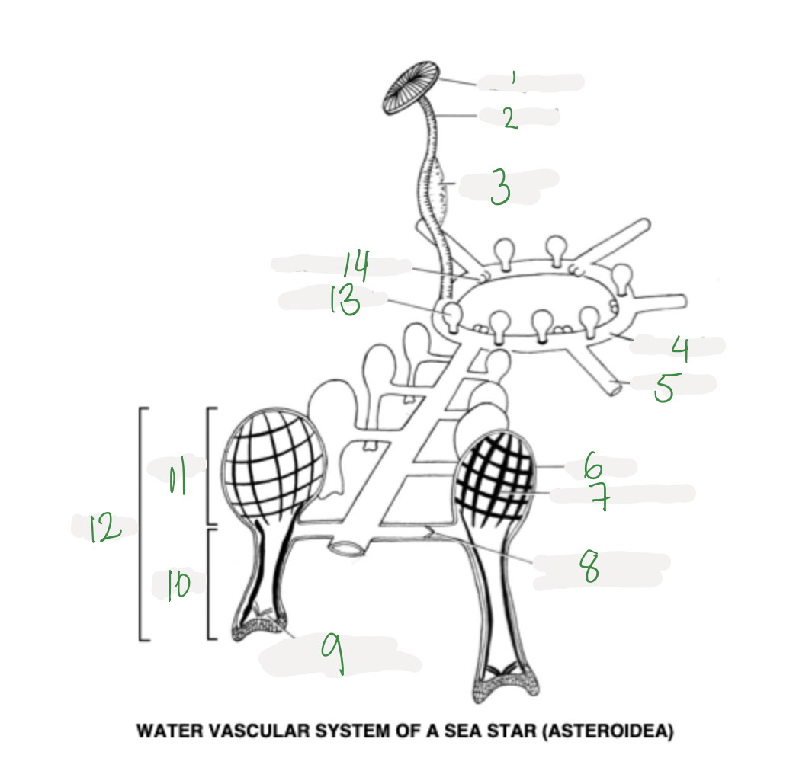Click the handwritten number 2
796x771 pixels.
tap(510, 118)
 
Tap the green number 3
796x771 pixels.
tap(500, 187)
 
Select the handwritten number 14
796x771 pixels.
tap(357, 265)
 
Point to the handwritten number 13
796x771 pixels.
tap(345, 299)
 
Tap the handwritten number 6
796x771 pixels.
tap(592, 466)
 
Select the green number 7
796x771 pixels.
tap(601, 496)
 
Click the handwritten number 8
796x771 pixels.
tap(589, 567)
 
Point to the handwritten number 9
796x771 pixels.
tap(333, 654)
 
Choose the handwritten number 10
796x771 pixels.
tap(178, 585)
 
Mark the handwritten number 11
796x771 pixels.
tap(177, 476)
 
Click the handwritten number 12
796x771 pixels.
tap(105, 527)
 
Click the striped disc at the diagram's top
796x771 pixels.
tap(411, 88)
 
